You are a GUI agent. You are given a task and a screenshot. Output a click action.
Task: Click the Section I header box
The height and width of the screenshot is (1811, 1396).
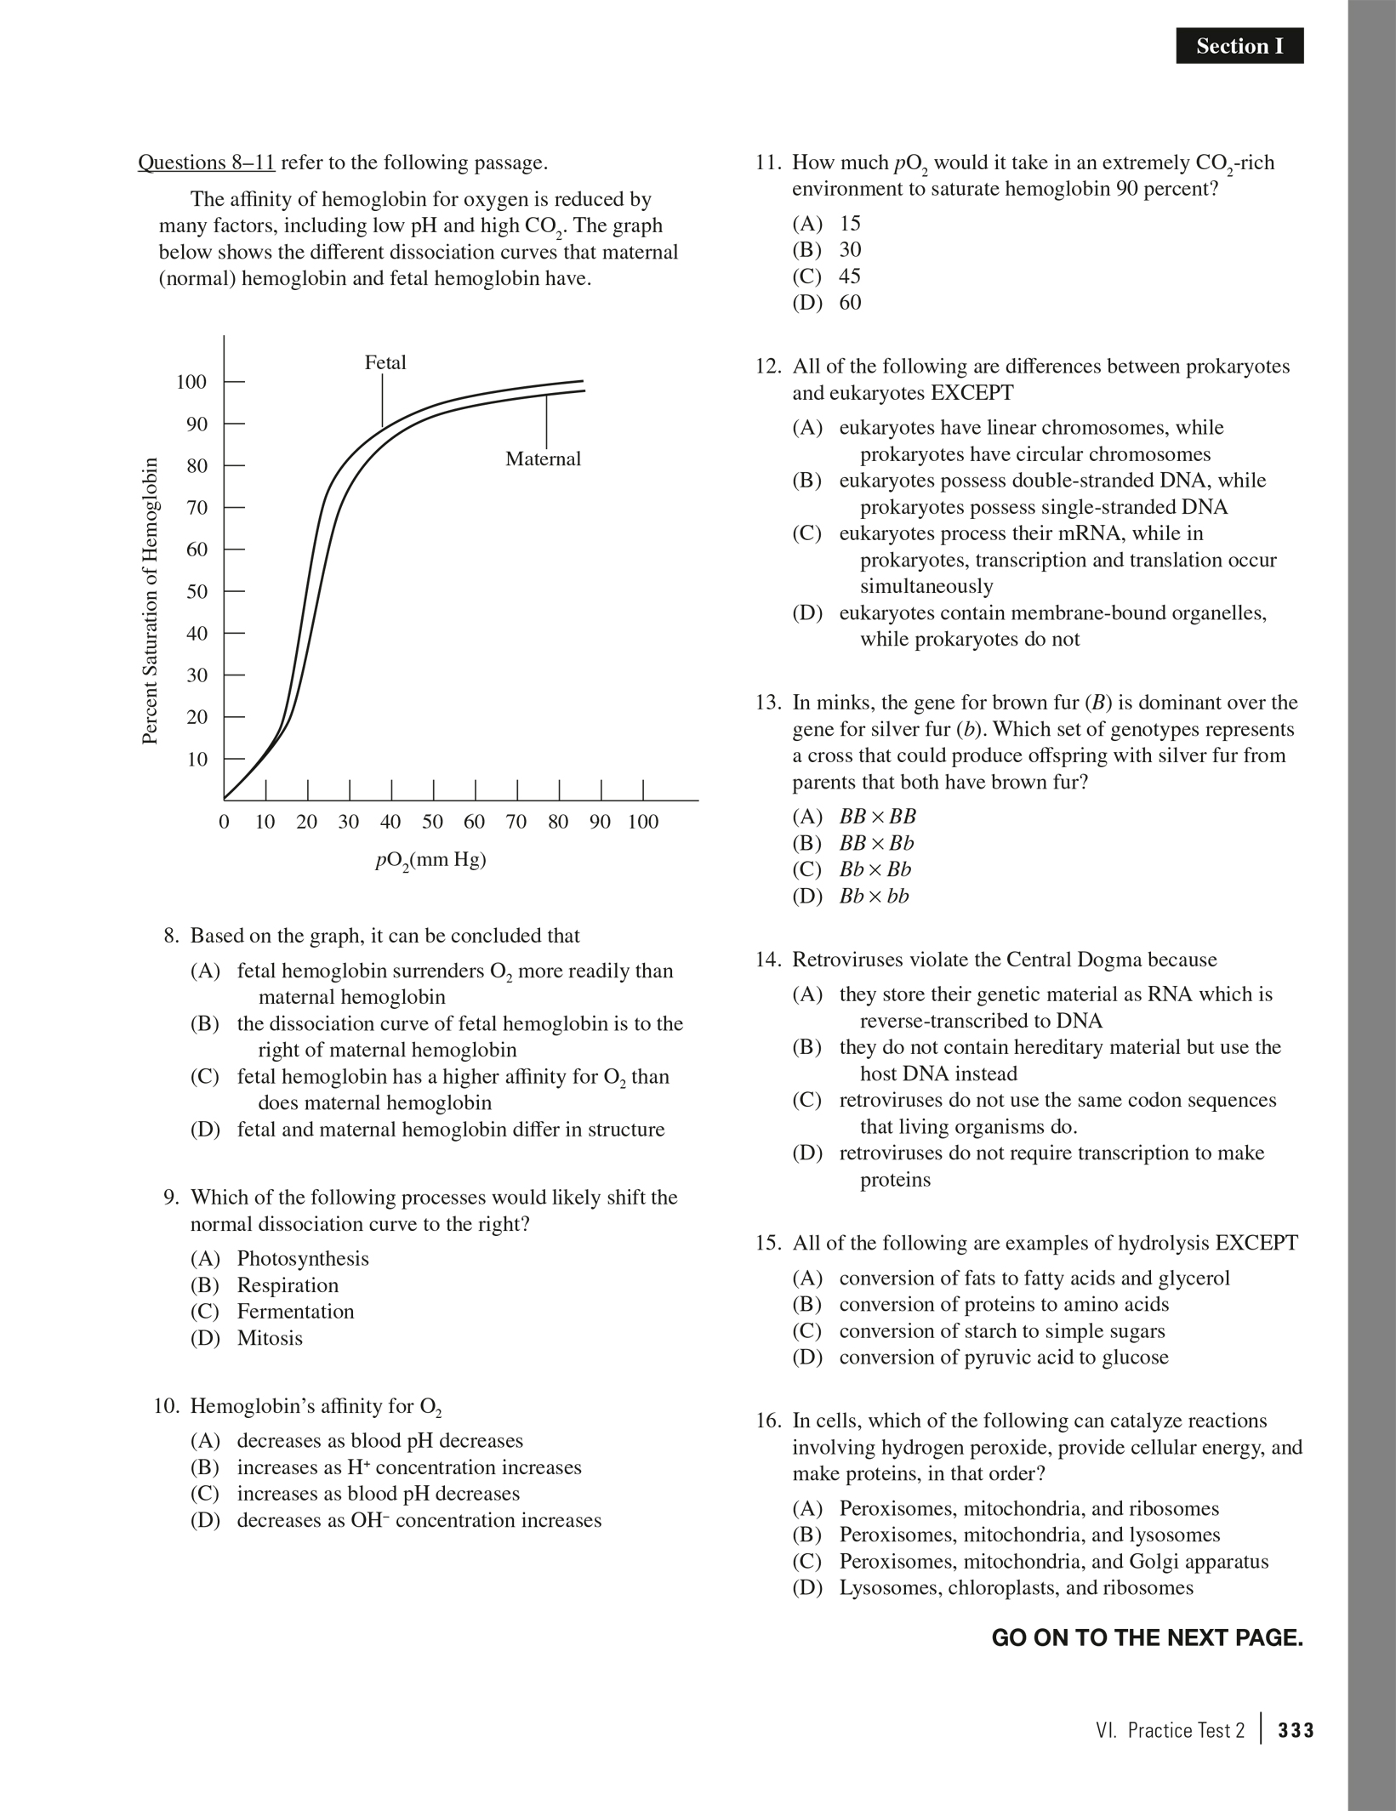tap(1239, 46)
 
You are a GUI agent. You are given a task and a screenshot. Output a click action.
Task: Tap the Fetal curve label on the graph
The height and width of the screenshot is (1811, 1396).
tap(385, 363)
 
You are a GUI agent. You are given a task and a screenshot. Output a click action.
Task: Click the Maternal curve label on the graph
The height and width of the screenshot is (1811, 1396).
tap(543, 459)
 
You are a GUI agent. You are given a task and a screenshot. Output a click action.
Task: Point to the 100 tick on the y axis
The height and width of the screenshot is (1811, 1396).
tap(191, 382)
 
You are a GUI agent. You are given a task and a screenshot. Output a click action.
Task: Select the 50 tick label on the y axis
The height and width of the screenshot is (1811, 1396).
tap(197, 591)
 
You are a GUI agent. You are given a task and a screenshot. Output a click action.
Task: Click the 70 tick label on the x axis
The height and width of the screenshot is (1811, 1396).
tap(516, 822)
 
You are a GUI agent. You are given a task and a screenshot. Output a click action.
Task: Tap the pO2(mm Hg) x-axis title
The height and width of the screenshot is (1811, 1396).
tap(430, 860)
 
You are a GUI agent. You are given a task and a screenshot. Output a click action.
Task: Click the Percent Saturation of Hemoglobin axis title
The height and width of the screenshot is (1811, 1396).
tap(151, 601)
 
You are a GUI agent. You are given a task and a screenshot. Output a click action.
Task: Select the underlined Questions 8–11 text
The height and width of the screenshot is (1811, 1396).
tap(206, 162)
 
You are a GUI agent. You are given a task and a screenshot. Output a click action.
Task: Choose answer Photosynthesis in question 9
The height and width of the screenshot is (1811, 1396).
tap(303, 1258)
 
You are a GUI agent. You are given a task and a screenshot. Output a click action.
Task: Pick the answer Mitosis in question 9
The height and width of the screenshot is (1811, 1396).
tap(270, 1338)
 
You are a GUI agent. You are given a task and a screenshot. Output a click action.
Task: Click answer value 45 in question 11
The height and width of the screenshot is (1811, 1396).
tap(850, 276)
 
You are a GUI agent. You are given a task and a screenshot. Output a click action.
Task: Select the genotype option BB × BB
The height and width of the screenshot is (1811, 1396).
tap(877, 817)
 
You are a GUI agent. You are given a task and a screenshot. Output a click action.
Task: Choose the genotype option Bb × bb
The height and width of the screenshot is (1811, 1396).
tap(874, 897)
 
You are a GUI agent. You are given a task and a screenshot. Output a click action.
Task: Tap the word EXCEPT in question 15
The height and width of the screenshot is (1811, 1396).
tap(1256, 1244)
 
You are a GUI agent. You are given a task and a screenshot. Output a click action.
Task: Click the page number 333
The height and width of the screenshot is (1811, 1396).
tap(1296, 1730)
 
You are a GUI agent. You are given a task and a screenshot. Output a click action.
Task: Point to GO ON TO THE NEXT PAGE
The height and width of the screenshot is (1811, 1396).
tap(1147, 1638)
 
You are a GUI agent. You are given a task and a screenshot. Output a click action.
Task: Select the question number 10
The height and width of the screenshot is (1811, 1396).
tap(166, 1406)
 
